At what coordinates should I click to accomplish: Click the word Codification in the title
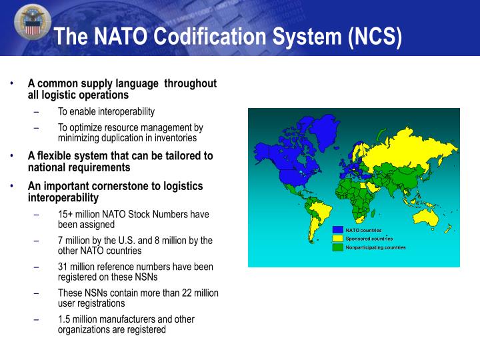207,37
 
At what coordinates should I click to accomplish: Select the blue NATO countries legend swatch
338,230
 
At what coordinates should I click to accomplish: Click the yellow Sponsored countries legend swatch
338,238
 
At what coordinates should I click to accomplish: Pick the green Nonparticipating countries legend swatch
338,247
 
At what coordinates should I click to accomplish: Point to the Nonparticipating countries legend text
375,247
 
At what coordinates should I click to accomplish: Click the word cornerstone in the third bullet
126,186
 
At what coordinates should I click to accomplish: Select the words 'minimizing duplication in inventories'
127,138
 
